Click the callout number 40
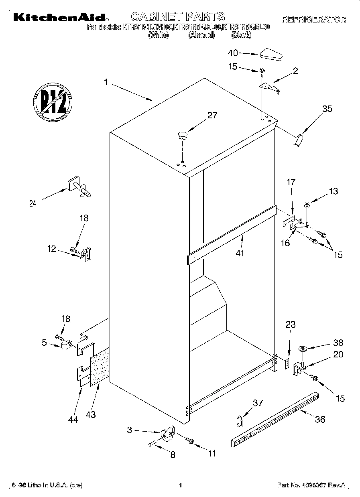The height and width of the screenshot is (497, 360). pos(233,53)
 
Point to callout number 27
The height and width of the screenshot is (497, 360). pos(212,116)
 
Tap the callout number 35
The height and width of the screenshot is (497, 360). pos(327,109)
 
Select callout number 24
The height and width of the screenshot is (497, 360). pos(33,204)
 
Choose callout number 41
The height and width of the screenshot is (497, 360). pos(240,253)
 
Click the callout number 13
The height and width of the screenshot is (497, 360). pos(334,191)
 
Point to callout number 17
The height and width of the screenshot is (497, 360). pos(291,182)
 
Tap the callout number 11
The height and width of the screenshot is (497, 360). pos(212,454)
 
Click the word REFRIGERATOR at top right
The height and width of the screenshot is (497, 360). pos(314,19)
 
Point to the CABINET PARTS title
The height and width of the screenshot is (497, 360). pos(178,16)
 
